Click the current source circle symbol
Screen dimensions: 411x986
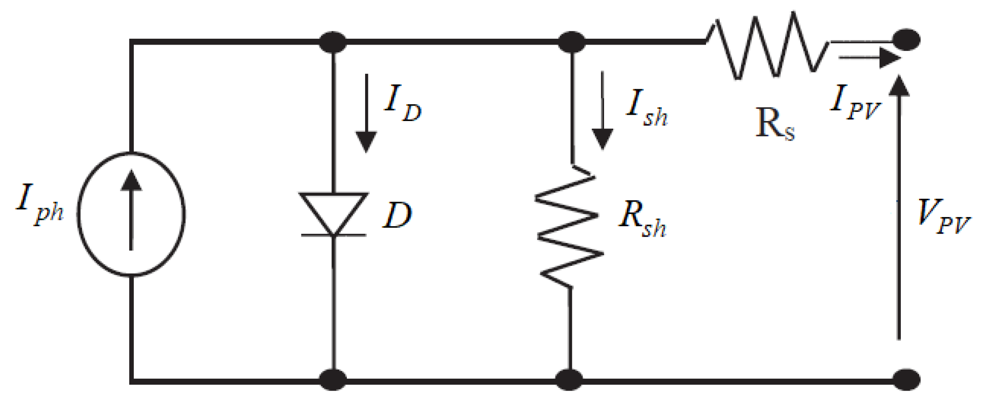(x=131, y=214)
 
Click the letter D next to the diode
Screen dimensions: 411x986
(x=397, y=215)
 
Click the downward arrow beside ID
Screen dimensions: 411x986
(x=366, y=114)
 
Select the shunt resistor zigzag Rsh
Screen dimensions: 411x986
(x=569, y=226)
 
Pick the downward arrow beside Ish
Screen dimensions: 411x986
(x=602, y=112)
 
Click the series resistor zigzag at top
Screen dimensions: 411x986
(x=767, y=46)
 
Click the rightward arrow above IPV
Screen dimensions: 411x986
(x=869, y=58)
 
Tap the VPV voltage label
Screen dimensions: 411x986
(x=942, y=218)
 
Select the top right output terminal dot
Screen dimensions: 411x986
(x=906, y=40)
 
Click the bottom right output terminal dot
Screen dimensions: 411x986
(x=906, y=379)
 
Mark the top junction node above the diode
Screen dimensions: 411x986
(x=333, y=42)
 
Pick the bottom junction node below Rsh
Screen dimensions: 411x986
(x=569, y=379)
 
